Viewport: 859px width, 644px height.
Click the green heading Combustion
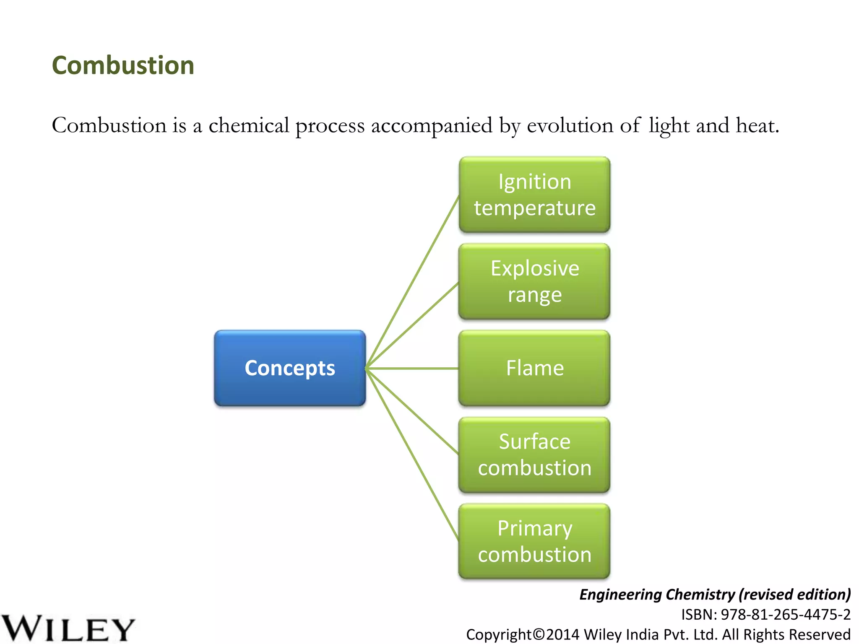[x=123, y=66]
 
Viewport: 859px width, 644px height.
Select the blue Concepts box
[x=290, y=368]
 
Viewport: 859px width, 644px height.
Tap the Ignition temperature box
[x=534, y=195]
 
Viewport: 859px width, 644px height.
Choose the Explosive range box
[x=534, y=281]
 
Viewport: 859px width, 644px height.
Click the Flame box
[x=534, y=368]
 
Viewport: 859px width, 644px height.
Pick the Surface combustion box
[x=534, y=455]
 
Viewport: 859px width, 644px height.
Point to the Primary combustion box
[x=534, y=541]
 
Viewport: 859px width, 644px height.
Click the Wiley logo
[x=67, y=628]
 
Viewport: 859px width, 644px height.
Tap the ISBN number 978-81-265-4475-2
[x=785, y=615]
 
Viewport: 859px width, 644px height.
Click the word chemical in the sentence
[x=249, y=126]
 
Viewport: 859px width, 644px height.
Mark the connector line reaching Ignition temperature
[x=413, y=282]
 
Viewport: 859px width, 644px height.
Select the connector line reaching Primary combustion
[x=413, y=455]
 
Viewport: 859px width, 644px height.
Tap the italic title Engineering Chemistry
[x=657, y=595]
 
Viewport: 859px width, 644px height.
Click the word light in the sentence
[x=669, y=126]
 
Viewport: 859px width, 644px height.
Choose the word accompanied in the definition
[x=432, y=126]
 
